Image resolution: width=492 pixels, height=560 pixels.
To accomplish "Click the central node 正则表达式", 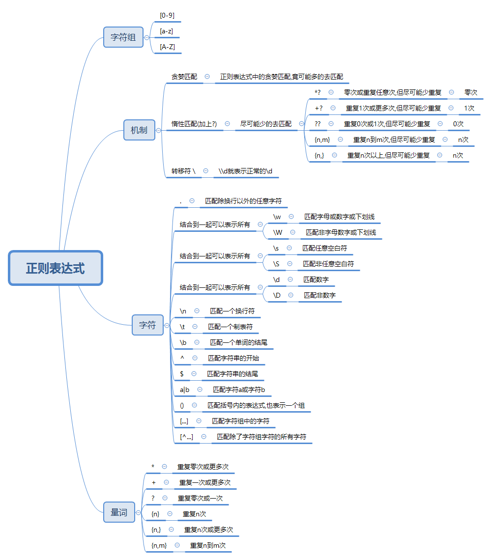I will [55, 268].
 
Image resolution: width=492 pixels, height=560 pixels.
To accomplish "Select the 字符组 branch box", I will [123, 37].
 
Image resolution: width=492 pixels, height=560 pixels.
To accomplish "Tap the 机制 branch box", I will [139, 130].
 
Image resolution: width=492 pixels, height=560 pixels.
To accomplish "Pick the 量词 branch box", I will [119, 512].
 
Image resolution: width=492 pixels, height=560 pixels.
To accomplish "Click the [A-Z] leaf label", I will [167, 47].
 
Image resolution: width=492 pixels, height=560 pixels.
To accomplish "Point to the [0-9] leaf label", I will [167, 16].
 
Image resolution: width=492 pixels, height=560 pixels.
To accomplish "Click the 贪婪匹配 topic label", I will [184, 77].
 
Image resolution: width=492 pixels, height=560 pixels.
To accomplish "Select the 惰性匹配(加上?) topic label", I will [194, 124].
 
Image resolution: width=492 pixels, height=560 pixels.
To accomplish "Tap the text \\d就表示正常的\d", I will [245, 171].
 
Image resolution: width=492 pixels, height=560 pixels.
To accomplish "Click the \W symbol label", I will [278, 232].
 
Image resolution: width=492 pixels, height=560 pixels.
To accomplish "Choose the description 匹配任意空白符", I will [324, 248].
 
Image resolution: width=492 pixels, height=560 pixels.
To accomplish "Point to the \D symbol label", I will [277, 295].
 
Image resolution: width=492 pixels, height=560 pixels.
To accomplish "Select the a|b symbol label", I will [184, 390].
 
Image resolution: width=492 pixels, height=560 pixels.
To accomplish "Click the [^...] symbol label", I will [186, 437].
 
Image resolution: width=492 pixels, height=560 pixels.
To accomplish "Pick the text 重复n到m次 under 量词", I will [208, 545].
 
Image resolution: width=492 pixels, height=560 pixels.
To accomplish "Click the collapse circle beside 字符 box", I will [167, 325].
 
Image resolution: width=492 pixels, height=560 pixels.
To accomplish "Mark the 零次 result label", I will [470, 92].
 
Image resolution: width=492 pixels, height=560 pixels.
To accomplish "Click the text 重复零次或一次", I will [200, 498].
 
